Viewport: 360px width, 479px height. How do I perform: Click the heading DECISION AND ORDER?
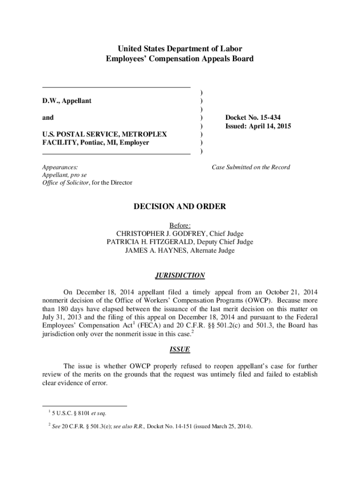(x=180, y=206)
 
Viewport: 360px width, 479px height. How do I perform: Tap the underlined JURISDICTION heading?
(x=180, y=276)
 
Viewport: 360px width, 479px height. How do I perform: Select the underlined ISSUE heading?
(x=180, y=349)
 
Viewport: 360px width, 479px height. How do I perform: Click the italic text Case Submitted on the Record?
(x=251, y=167)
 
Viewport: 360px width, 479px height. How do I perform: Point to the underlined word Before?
(x=180, y=225)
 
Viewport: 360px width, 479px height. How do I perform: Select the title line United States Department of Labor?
(x=180, y=49)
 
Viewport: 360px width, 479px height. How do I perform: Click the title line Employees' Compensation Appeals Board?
(x=180, y=59)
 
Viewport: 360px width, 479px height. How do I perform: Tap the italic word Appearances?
(x=60, y=167)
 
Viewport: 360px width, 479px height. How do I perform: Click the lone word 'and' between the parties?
(x=48, y=117)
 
